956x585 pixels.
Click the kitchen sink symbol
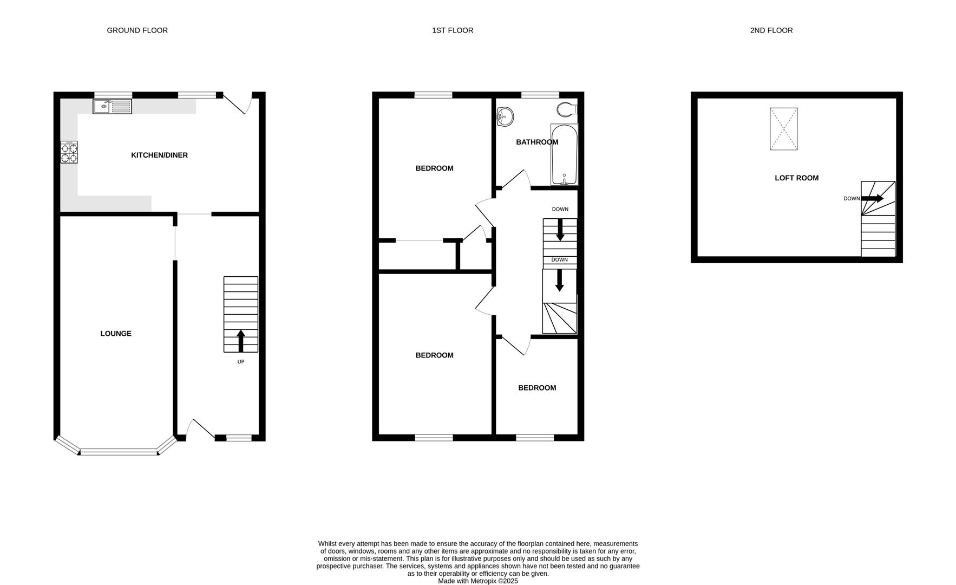[x=112, y=107]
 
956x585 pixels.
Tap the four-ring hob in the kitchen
[x=69, y=152]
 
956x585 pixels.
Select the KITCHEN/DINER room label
[x=159, y=155]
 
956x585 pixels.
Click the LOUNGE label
[x=116, y=334]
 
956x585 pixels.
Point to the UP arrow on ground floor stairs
[x=241, y=341]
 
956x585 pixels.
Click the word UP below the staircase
[x=241, y=362]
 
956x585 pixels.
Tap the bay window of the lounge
[x=119, y=451]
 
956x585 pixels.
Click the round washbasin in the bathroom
[x=505, y=116]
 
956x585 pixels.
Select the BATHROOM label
[x=536, y=142]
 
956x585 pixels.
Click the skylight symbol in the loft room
[x=783, y=129]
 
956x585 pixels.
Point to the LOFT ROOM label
[x=796, y=178]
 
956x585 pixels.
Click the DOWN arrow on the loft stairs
[x=872, y=199]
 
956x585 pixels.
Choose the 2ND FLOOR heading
[x=771, y=31]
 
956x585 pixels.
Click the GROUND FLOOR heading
[x=137, y=31]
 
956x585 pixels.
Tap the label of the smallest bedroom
[x=537, y=388]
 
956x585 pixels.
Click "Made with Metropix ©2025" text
[x=477, y=581]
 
